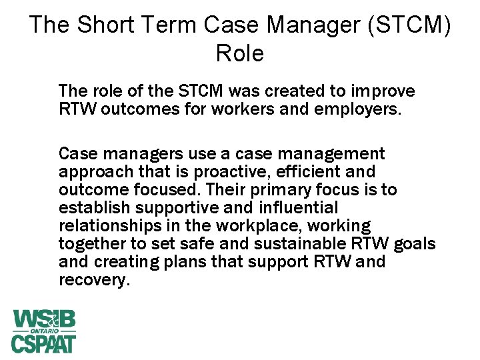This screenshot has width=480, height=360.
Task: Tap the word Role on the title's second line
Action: [x=240, y=53]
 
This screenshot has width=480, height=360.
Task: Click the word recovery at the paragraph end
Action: [x=93, y=280]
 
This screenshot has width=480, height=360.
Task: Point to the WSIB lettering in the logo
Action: [x=43, y=319]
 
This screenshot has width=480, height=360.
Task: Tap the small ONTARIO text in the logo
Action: [x=43, y=331]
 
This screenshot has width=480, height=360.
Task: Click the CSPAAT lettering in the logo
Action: [x=43, y=343]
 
